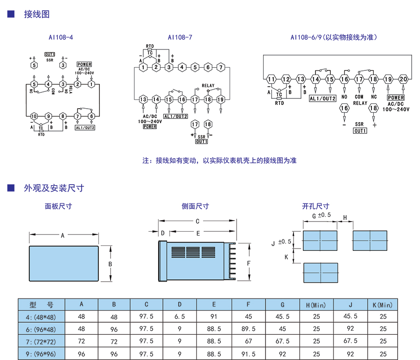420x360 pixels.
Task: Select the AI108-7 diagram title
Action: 180,36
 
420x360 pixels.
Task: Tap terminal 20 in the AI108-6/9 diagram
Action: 404,79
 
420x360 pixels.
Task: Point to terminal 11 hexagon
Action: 271,79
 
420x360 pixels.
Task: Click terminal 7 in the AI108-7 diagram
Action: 220,68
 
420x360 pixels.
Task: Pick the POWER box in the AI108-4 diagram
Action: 84,64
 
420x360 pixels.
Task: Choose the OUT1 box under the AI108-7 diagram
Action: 202,141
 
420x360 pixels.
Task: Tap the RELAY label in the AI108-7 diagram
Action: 208,86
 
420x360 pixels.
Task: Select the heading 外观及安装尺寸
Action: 54,188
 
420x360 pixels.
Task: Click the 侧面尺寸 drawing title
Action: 195,206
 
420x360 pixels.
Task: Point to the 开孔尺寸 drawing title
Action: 315,206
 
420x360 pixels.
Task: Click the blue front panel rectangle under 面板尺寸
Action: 64,263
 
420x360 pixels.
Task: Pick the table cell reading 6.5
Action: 180,316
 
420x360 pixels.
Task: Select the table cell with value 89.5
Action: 248,328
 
